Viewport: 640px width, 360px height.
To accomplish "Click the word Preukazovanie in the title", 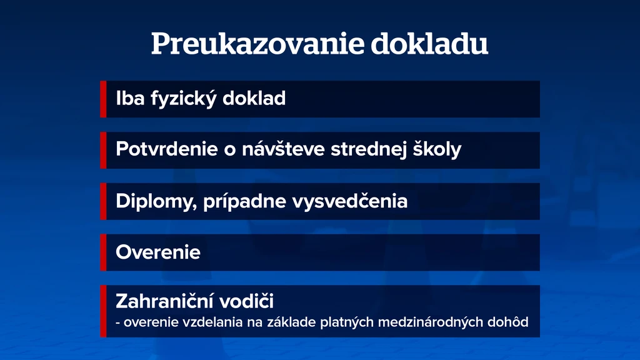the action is (x=257, y=44).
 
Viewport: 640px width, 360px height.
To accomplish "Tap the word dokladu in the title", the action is (x=429, y=43).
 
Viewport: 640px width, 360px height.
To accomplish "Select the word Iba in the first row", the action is (x=130, y=98).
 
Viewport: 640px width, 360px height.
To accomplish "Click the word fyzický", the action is (x=184, y=99).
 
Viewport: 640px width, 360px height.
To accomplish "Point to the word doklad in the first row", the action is (x=254, y=98).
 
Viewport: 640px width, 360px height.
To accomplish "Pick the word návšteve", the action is (x=283, y=149).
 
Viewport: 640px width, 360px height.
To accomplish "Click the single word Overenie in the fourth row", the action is (x=158, y=252).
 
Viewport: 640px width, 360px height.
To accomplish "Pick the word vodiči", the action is (x=246, y=301).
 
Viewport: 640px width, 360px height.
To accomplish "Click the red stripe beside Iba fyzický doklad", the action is (x=103, y=99).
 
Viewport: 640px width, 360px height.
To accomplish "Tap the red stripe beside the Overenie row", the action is (x=103, y=252).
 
